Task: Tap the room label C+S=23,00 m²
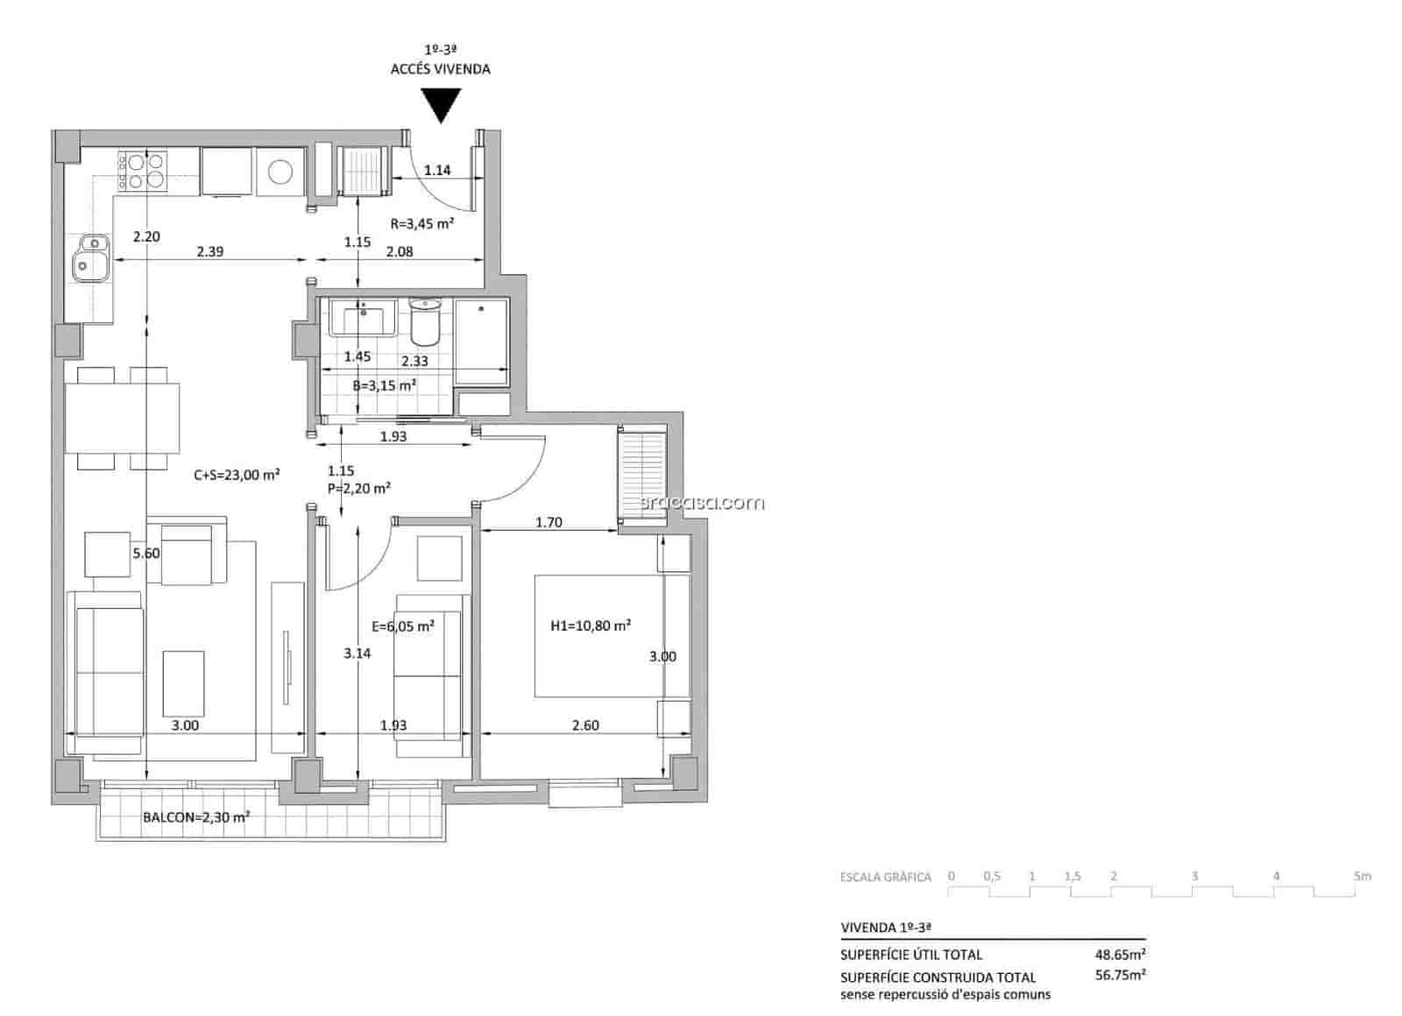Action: [x=237, y=475]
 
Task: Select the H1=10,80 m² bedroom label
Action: [x=591, y=625]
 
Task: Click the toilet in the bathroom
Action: [x=425, y=322]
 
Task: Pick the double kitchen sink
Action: [x=89, y=258]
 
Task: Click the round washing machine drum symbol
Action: [x=280, y=172]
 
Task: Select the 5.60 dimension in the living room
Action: [x=146, y=553]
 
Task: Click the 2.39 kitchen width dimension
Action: [x=209, y=251]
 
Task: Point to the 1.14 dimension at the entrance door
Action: [x=437, y=170]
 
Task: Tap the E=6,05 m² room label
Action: [x=403, y=626]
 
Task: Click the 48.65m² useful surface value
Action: [x=1121, y=954]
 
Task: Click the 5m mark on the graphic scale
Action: [x=1362, y=876]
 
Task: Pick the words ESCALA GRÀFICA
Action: [x=885, y=877]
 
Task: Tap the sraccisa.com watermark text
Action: [x=703, y=503]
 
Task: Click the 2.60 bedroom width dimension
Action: [x=585, y=725]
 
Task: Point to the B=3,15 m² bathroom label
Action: [x=384, y=385]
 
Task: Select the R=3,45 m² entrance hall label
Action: [x=421, y=223]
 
